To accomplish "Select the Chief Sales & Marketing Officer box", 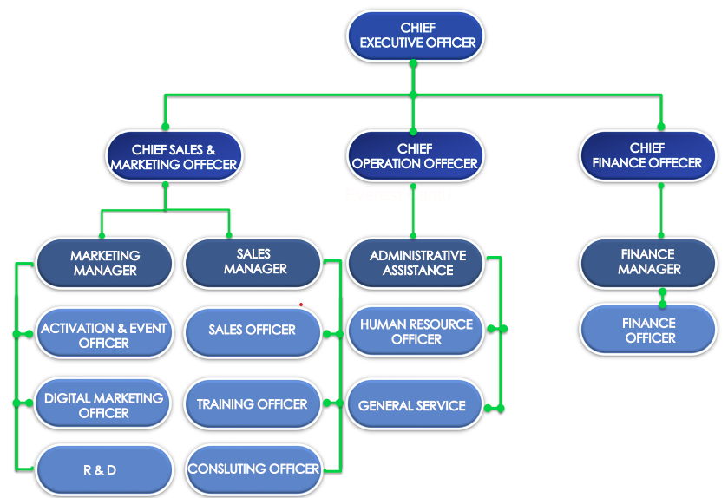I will click(174, 157).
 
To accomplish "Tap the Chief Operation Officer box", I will click(415, 156).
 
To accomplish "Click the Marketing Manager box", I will click(104, 263).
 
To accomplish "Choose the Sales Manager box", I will click(253, 262).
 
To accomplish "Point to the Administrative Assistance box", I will click(416, 263).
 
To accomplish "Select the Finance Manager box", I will click(647, 262).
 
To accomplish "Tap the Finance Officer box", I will click(647, 330).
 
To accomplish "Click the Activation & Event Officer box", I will click(103, 335).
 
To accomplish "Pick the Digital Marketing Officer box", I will click(103, 405).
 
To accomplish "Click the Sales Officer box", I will click(252, 330).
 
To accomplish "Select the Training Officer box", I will click(252, 404).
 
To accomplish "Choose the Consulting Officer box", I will click(253, 469).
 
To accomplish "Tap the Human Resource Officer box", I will click(416, 331).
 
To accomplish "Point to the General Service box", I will click(412, 405).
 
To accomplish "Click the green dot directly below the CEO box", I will click(413, 63).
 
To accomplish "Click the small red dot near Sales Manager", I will click(301, 305).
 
